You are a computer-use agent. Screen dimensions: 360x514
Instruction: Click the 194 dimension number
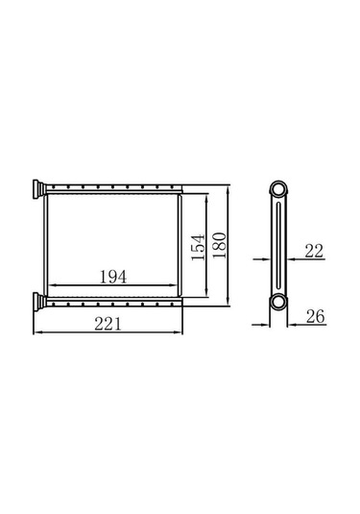click(x=113, y=277)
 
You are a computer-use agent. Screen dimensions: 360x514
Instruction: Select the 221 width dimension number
click(x=108, y=324)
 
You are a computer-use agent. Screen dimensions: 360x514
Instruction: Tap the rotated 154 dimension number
click(x=198, y=248)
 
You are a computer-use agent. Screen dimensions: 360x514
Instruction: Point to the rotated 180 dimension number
click(x=219, y=245)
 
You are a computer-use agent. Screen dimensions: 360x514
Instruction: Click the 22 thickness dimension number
click(x=314, y=251)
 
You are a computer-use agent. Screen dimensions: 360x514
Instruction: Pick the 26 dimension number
click(x=315, y=316)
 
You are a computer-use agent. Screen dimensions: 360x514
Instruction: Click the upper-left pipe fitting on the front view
click(x=38, y=189)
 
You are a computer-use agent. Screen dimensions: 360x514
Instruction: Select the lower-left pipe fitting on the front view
click(x=38, y=303)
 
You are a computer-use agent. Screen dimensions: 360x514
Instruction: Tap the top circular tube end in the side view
click(x=278, y=189)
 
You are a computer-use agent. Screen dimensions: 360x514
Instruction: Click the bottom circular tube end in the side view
click(x=278, y=302)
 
